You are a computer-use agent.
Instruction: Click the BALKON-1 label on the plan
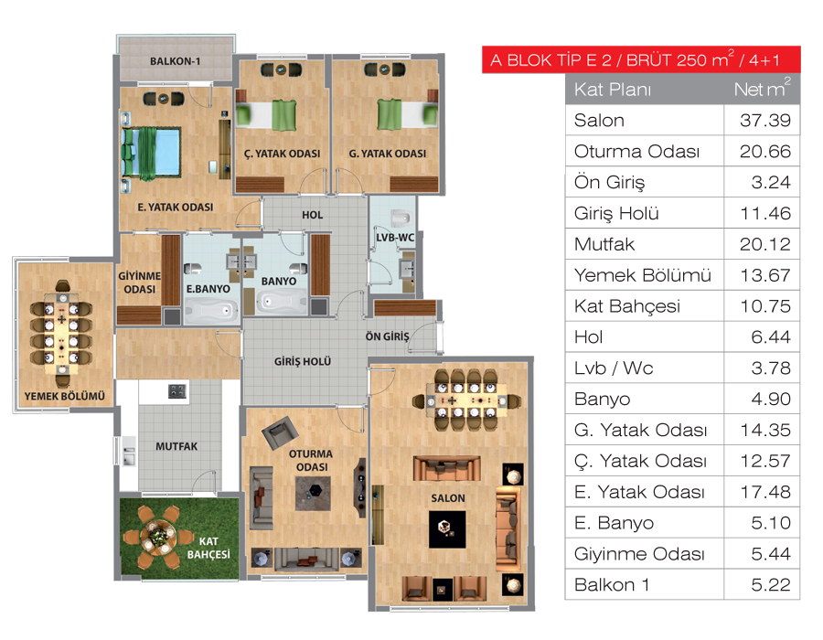[176, 61]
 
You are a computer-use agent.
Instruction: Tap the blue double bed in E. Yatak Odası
[151, 153]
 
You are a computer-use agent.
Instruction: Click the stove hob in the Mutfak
[176, 391]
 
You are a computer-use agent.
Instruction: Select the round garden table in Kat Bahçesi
[156, 536]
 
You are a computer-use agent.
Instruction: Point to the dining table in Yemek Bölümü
[61, 333]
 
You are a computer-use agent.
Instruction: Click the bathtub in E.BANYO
[208, 311]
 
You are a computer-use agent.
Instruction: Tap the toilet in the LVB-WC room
[401, 218]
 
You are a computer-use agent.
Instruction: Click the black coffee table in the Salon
[446, 529]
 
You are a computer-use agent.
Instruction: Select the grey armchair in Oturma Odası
[280, 432]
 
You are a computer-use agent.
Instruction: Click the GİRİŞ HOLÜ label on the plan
[303, 361]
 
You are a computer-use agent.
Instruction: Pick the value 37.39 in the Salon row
[764, 121]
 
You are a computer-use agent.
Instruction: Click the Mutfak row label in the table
[604, 244]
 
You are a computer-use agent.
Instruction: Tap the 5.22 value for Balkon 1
[771, 585]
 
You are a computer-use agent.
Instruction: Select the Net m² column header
[762, 88]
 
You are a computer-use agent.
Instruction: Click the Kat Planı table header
[613, 90]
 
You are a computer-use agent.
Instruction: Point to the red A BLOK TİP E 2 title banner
[641, 59]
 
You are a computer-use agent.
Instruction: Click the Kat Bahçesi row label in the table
[626, 306]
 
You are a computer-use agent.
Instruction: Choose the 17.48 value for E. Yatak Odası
[765, 492]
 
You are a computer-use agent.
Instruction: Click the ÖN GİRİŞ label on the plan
[388, 336]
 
